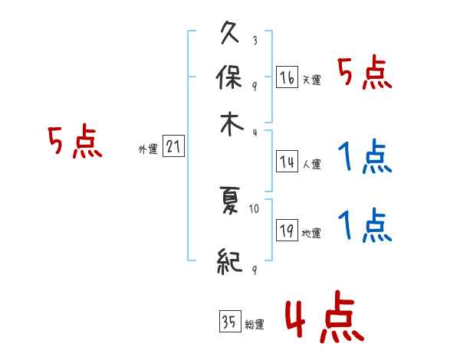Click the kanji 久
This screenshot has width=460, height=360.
(x=230, y=34)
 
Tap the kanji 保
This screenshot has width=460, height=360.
(x=230, y=80)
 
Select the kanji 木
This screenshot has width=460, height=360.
(x=230, y=126)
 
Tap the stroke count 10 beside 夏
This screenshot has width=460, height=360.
(x=255, y=208)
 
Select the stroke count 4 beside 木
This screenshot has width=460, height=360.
(x=255, y=133)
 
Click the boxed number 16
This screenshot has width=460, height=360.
(x=287, y=77)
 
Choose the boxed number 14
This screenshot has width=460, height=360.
(x=287, y=162)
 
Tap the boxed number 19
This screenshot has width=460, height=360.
(x=287, y=231)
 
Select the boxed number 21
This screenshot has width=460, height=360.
(x=173, y=147)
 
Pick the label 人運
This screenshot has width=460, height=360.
(x=310, y=164)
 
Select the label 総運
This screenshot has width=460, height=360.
(x=254, y=325)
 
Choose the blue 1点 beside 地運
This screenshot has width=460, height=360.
(x=364, y=227)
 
